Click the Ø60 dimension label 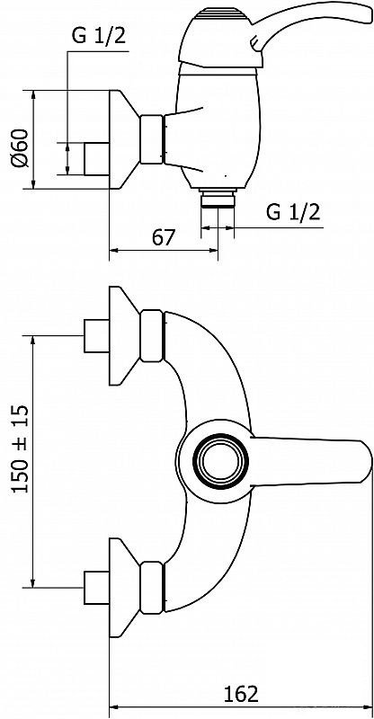tap(21, 148)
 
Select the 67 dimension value tap(164, 238)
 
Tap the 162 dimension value tap(241, 694)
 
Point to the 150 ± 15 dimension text tap(21, 448)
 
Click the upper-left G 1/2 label tap(99, 37)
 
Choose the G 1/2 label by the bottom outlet tap(293, 212)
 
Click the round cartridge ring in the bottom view tap(221, 461)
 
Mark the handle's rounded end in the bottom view tap(365, 461)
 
